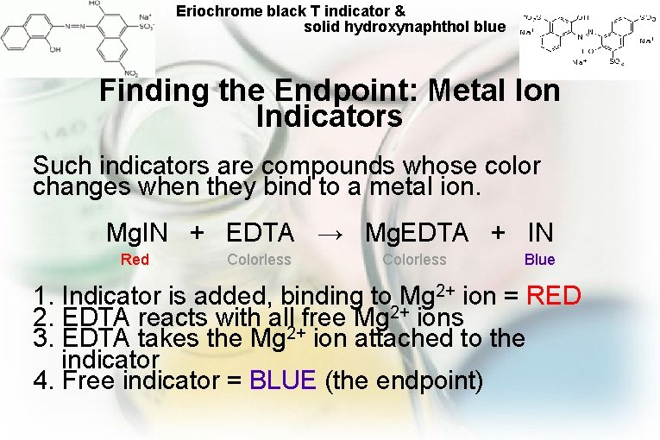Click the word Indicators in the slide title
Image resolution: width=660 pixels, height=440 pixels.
pyautogui.click(x=330, y=116)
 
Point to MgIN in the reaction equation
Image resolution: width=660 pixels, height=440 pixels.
pyautogui.click(x=137, y=232)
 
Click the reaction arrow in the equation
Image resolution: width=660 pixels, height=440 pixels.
pyautogui.click(x=330, y=233)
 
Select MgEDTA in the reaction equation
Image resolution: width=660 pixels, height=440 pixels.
pyautogui.click(x=417, y=232)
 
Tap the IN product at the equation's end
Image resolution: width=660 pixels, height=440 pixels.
pyautogui.click(x=540, y=232)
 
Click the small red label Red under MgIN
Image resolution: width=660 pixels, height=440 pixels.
pyautogui.click(x=135, y=260)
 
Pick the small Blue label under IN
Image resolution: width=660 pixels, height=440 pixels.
pyautogui.click(x=540, y=260)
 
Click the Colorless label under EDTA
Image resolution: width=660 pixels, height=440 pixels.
pyautogui.click(x=259, y=260)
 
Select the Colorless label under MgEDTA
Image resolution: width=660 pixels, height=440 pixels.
pyautogui.click(x=414, y=260)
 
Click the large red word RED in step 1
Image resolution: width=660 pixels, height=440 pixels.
pyautogui.click(x=553, y=297)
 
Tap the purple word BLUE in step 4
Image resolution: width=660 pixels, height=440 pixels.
pyautogui.click(x=283, y=380)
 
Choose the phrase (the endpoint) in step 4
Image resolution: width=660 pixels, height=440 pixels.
pyautogui.click(x=403, y=380)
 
